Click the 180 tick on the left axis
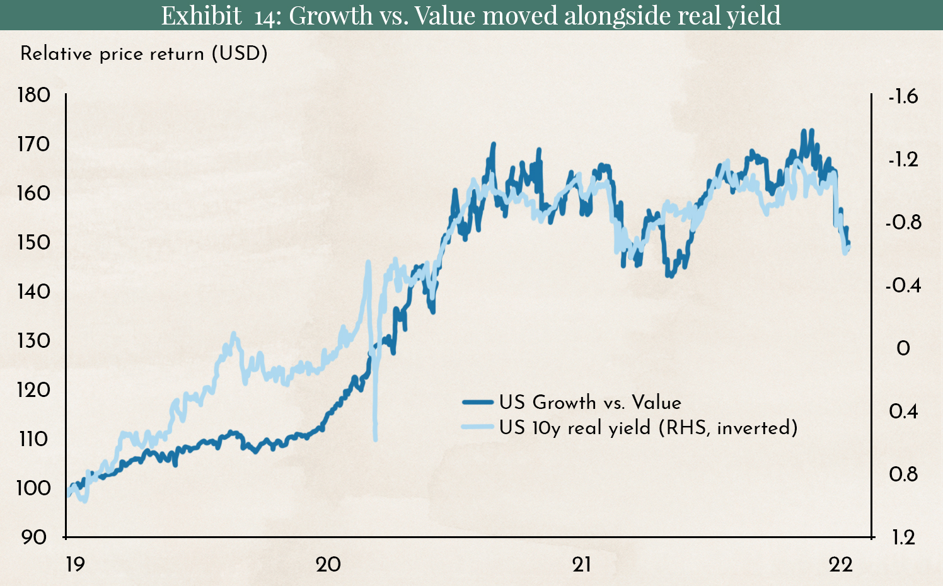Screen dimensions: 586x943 (x=34, y=95)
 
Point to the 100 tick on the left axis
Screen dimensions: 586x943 (x=34, y=488)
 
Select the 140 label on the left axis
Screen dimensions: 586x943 (x=34, y=291)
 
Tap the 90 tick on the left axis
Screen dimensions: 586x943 (x=34, y=537)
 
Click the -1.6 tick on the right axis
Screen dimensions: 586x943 (x=903, y=96)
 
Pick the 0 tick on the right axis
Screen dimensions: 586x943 (x=903, y=348)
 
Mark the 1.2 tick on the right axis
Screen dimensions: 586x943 (x=903, y=537)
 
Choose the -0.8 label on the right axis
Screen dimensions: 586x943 (x=903, y=222)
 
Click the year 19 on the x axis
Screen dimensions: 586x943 (x=75, y=564)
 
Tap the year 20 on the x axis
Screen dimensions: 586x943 (x=328, y=564)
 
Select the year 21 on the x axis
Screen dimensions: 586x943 (x=582, y=564)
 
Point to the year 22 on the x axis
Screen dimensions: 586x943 (x=841, y=564)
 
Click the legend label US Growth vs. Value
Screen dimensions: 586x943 (x=590, y=402)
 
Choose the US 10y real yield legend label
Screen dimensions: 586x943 (x=648, y=428)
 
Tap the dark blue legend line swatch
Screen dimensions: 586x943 (x=477, y=402)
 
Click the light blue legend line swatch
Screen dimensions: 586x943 (x=477, y=427)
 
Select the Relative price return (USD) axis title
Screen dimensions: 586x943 (x=144, y=54)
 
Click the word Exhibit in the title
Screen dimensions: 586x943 (x=201, y=15)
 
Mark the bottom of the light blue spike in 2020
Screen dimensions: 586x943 (x=376, y=439)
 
